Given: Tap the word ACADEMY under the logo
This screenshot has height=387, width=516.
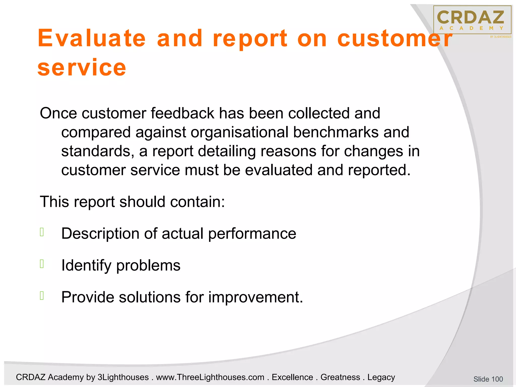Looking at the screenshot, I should (x=471, y=28).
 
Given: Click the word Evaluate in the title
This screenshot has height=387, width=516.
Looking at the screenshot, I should (x=92, y=38).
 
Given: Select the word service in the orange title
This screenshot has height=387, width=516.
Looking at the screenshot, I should (x=82, y=67).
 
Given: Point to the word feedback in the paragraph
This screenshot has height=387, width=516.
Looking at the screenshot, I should (x=182, y=113).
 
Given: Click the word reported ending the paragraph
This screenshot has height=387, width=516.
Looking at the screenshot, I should (x=379, y=170).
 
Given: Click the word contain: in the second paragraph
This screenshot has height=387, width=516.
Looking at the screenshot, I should (x=197, y=202).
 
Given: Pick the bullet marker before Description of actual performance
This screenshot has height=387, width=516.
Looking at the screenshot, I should (x=42, y=232).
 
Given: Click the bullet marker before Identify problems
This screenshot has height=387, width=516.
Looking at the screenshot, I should (x=42, y=264).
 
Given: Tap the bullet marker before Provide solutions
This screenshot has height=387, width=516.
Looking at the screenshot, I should (x=42, y=296).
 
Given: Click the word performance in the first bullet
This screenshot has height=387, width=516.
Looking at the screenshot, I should (x=252, y=234).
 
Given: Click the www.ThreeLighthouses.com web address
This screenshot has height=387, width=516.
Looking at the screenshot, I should (x=210, y=377).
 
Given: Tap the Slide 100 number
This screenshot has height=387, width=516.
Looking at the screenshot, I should (x=488, y=379).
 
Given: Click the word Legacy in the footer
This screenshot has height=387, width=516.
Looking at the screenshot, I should (x=381, y=377).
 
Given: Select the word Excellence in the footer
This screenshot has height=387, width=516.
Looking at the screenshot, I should (x=292, y=377).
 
